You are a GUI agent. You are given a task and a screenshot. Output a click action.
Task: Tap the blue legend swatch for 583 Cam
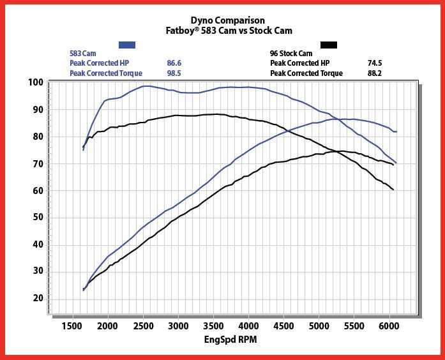click(x=127, y=45)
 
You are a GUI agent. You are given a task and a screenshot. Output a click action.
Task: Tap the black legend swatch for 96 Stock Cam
click(x=329, y=45)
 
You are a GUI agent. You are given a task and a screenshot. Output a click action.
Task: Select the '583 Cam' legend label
click(x=82, y=54)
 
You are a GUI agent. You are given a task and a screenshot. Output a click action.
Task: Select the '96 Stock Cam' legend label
click(x=291, y=54)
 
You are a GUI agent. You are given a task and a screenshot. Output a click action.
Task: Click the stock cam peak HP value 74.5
click(x=375, y=63)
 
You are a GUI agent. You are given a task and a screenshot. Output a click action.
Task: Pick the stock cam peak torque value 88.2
click(x=375, y=73)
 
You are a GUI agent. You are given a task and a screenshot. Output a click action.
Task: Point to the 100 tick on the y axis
click(x=35, y=82)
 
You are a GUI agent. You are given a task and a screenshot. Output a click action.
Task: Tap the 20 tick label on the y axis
click(x=37, y=298)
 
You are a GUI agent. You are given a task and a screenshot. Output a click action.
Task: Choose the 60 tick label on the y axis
click(x=37, y=190)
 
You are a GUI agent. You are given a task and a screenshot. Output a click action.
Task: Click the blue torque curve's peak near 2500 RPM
click(x=147, y=86)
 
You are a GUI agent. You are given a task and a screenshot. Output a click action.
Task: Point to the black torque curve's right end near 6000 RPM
click(x=393, y=190)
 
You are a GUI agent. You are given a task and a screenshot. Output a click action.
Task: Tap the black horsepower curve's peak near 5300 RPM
click(x=340, y=151)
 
